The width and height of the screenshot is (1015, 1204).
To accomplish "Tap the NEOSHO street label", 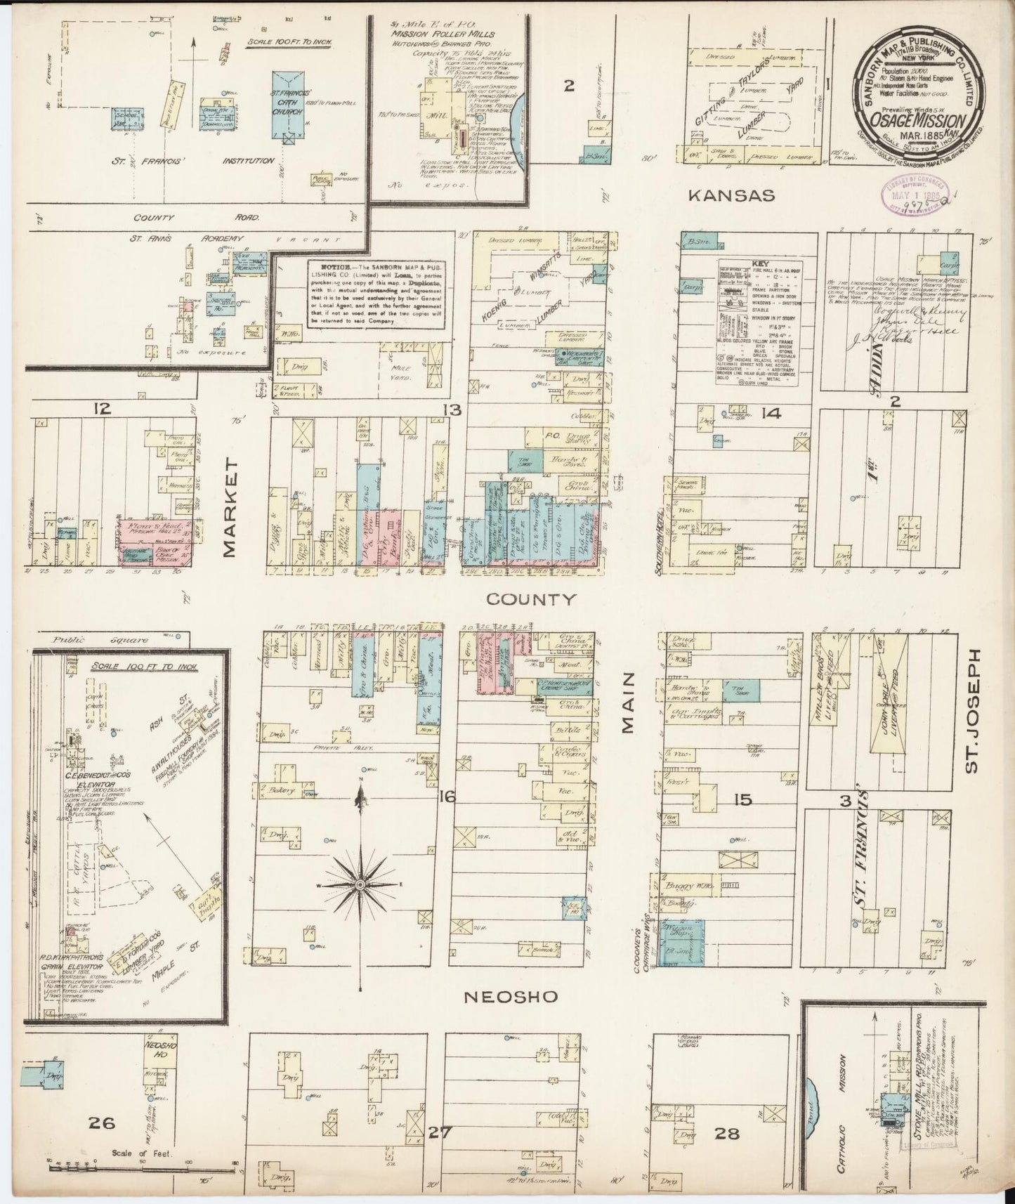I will coord(511,997).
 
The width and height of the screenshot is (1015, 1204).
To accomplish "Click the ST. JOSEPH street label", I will coord(971,711).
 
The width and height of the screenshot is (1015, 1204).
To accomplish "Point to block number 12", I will coord(103,407).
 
